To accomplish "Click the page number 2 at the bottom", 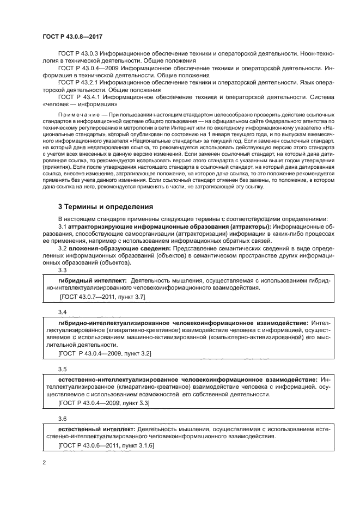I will tap(44, 463).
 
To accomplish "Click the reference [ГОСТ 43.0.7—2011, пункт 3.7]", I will tap(102, 297).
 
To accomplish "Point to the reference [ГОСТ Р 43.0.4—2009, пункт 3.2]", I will tap(103, 353).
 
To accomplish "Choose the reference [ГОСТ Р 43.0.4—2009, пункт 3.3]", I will tap(103, 402).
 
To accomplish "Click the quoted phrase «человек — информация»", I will tap(81, 103).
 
